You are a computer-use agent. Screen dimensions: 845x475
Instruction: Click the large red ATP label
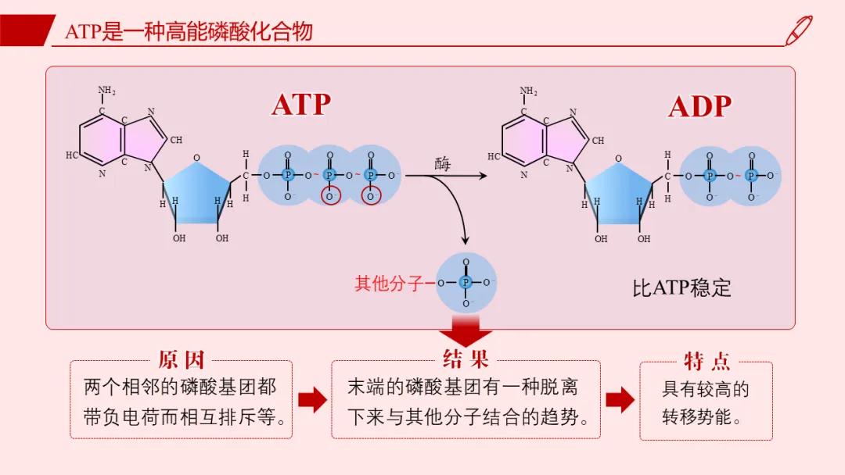[300, 105]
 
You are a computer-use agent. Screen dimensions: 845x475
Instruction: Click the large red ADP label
[700, 106]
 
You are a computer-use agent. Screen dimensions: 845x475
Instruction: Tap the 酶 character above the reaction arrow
[442, 164]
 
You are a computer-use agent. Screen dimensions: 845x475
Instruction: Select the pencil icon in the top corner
[799, 30]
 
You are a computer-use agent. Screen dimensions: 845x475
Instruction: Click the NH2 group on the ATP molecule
[106, 90]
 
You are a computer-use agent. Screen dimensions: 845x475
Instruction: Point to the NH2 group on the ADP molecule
[528, 91]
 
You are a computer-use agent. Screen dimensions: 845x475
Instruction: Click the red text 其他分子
[389, 284]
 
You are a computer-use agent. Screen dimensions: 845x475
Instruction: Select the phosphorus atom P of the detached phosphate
[466, 282]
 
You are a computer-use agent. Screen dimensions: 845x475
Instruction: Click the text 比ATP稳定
[681, 287]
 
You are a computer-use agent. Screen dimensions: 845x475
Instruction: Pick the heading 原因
[181, 360]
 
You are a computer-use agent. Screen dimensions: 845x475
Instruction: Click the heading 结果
[466, 359]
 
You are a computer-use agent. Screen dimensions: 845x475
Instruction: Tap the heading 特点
[707, 361]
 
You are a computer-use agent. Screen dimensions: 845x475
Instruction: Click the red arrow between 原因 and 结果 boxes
[312, 400]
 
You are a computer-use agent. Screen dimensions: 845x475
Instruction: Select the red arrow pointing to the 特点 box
[620, 400]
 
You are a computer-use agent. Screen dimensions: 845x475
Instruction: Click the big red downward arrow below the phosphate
[466, 330]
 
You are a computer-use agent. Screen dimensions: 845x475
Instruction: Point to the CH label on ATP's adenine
[176, 140]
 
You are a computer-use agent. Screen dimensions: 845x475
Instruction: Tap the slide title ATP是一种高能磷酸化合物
[189, 31]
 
